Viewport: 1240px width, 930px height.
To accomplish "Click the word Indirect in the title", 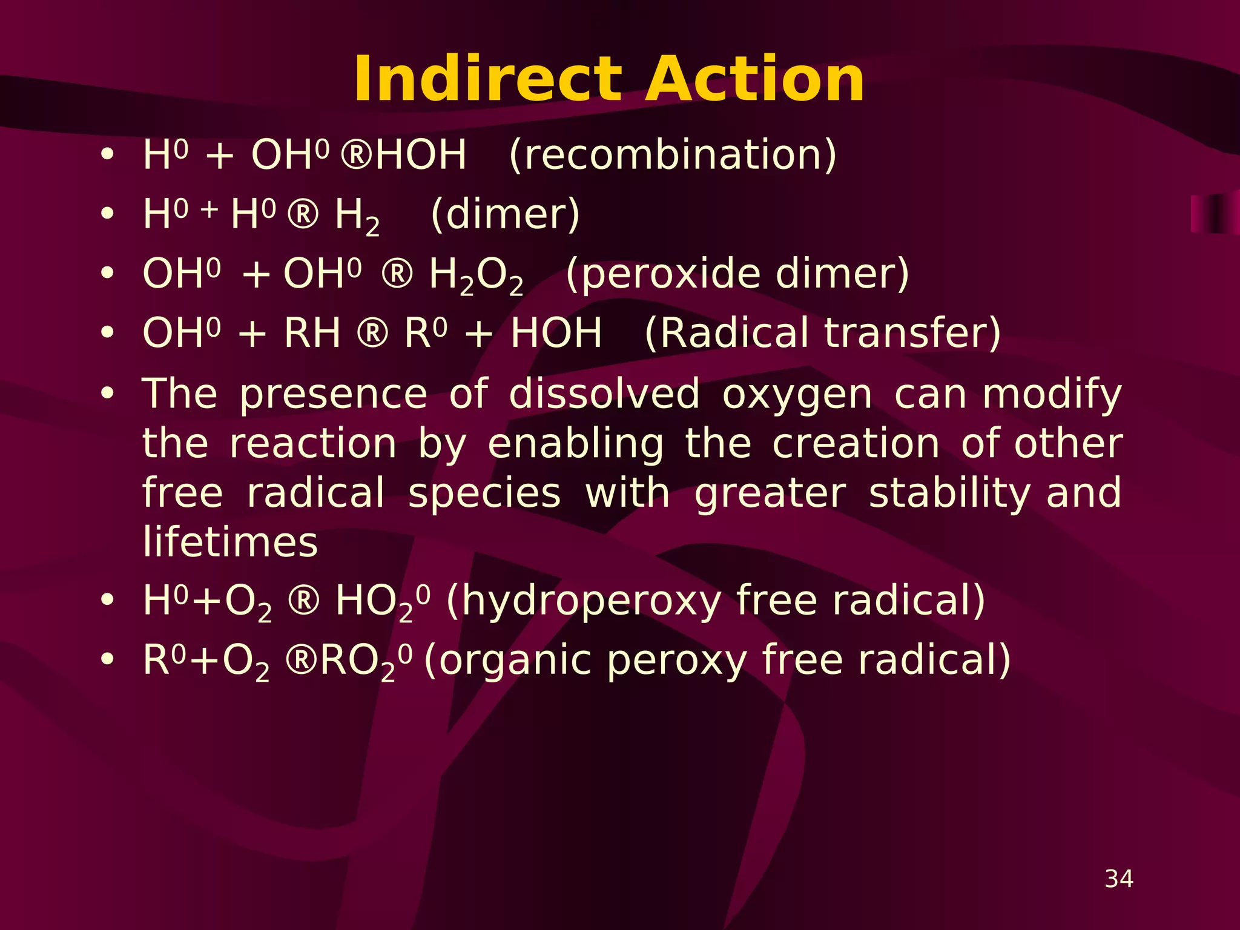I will tap(488, 79).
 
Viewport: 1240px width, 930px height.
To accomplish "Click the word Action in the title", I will tap(754, 79).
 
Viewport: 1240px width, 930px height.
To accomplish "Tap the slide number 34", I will tap(1119, 879).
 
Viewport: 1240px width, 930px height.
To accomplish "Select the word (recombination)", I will tap(673, 155).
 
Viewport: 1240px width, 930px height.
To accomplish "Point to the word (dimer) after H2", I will tap(505, 214).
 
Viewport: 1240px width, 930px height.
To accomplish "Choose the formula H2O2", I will tap(476, 275).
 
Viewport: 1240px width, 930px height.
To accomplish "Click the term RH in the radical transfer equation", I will tap(312, 333).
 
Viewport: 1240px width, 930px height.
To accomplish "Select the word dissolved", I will tap(604, 394).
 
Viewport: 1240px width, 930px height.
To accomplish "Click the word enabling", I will tap(575, 444).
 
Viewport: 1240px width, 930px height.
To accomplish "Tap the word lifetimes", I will tap(230, 542).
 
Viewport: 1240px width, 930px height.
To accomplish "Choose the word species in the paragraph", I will tap(484, 493).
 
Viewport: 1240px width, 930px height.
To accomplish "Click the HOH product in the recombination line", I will tap(421, 155).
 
